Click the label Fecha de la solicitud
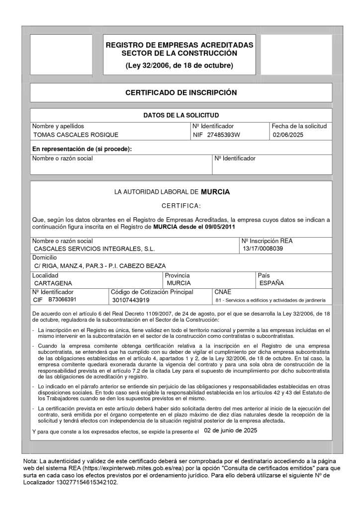(x=299, y=126)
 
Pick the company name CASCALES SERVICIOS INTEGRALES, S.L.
(x=94, y=249)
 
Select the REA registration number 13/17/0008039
(x=263, y=249)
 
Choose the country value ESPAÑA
(x=272, y=283)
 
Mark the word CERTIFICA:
(x=181, y=206)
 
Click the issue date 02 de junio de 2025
(x=231, y=430)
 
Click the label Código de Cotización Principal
(x=152, y=292)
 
